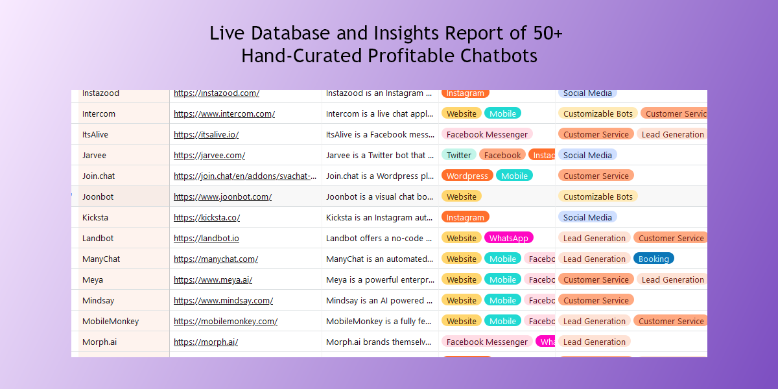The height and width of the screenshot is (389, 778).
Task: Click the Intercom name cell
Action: [99, 113]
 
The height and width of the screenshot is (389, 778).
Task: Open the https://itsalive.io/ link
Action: [206, 134]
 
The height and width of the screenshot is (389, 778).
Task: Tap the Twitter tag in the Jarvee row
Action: [458, 155]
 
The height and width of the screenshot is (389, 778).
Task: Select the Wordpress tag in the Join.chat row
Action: [467, 176]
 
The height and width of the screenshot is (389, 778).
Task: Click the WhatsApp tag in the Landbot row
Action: [508, 238]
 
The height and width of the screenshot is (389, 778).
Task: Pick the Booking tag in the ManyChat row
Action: [653, 259]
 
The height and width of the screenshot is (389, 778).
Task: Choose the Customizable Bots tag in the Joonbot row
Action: [597, 196]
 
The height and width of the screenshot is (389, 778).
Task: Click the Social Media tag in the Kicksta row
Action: [587, 217]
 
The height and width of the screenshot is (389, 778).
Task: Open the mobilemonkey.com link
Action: [226, 321]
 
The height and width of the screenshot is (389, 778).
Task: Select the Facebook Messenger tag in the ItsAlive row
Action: [487, 134]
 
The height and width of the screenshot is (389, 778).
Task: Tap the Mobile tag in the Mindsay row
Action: [502, 300]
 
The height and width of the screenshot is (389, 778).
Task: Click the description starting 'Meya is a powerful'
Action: [380, 279]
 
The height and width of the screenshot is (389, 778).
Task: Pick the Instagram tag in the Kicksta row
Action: [465, 217]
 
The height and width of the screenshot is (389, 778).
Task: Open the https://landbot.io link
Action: [206, 238]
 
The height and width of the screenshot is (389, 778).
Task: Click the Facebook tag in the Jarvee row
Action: [502, 155]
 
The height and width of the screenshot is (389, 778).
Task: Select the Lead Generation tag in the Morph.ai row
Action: [594, 342]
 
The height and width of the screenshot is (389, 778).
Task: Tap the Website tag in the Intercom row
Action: [461, 113]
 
